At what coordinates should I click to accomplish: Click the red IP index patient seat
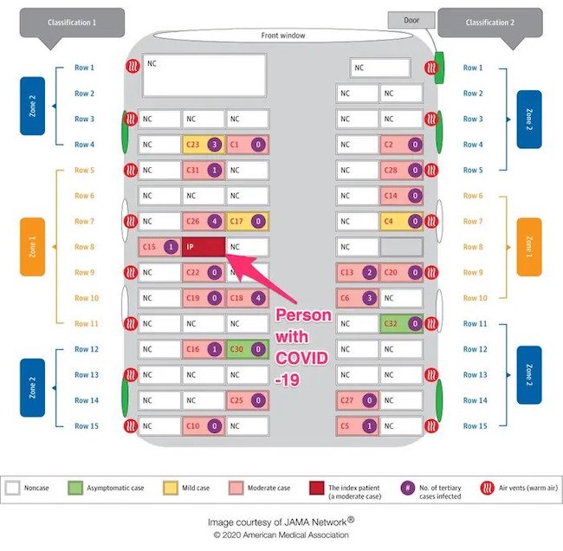pos(204,247)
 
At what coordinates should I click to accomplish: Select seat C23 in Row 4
pos(204,145)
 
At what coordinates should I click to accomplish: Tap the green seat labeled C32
pos(401,324)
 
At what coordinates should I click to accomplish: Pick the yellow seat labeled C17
pos(248,222)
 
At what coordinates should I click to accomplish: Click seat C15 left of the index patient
pos(159,247)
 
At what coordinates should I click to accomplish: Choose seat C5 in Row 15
pos(357,426)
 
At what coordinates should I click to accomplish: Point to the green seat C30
pos(248,349)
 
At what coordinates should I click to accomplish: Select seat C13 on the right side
pos(357,273)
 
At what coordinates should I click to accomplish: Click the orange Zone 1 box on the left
pos(32,247)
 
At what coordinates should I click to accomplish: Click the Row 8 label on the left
pos(84,248)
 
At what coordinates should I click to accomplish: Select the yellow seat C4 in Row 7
pos(401,222)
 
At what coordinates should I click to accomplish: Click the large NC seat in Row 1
pos(204,75)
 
